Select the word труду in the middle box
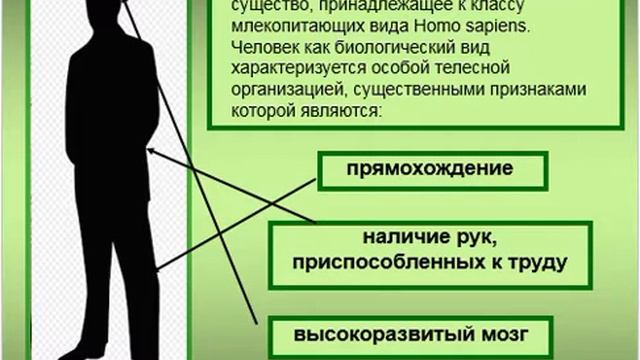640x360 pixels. pyautogui.click(x=540, y=263)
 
